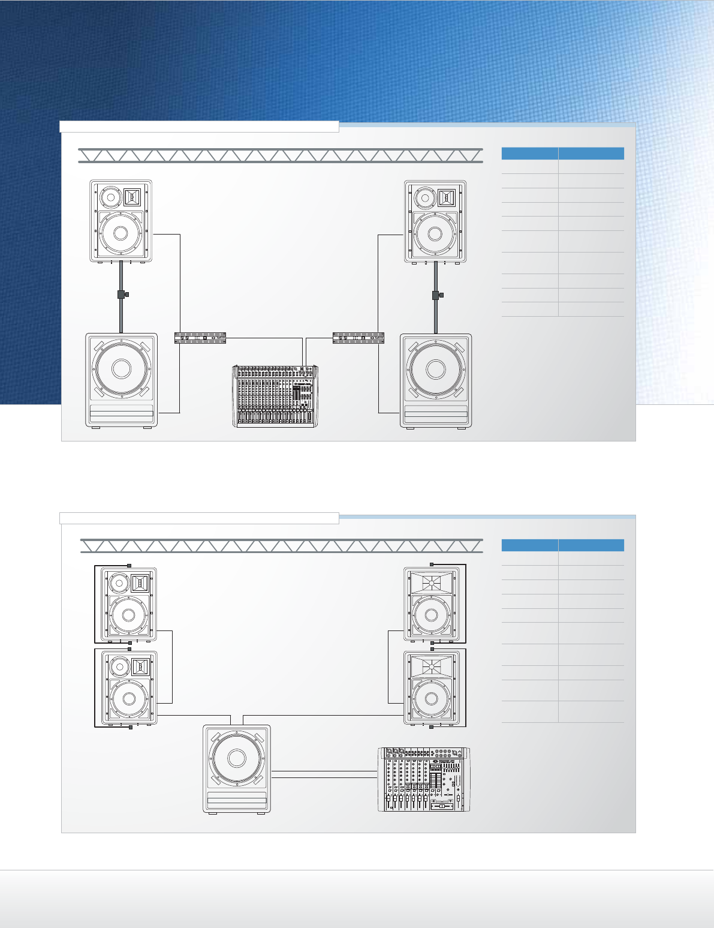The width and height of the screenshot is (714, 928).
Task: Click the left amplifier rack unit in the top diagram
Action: pyautogui.click(x=200, y=338)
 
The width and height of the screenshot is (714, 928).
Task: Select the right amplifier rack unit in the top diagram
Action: pyautogui.click(x=358, y=338)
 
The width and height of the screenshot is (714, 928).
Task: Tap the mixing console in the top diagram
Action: pyautogui.click(x=275, y=396)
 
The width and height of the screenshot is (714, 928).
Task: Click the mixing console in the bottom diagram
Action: pyautogui.click(x=424, y=780)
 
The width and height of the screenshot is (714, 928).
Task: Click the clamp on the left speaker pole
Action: pyautogui.click(x=122, y=295)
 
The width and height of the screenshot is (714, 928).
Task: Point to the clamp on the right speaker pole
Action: pyautogui.click(x=436, y=295)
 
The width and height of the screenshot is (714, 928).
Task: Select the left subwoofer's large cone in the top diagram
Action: pyautogui.click(x=121, y=368)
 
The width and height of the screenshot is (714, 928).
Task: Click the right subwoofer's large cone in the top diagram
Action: pyautogui.click(x=436, y=369)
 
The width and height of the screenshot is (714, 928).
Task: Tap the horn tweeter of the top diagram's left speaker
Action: pyautogui.click(x=132, y=196)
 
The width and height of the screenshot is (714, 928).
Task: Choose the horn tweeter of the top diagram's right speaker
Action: pyautogui.click(x=447, y=197)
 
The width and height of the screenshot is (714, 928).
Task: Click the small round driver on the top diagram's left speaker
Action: pyautogui.click(x=110, y=197)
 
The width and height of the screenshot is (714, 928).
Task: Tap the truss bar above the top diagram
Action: pyautogui.click(x=281, y=155)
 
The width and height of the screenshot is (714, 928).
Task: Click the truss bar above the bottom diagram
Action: pyautogui.click(x=281, y=545)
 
